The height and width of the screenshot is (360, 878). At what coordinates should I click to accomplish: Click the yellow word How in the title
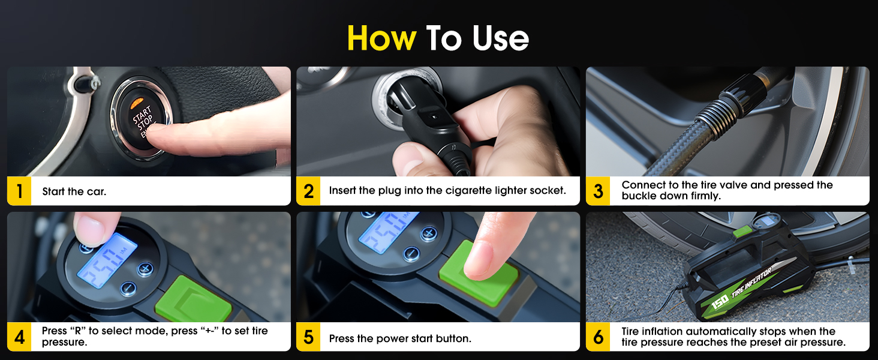click(381, 38)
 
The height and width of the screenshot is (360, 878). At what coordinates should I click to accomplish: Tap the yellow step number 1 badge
click(19, 191)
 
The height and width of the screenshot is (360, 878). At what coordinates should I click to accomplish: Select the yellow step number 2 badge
click(308, 191)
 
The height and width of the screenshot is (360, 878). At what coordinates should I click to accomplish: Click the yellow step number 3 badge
click(598, 191)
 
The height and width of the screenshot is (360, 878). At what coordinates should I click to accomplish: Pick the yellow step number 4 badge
click(19, 337)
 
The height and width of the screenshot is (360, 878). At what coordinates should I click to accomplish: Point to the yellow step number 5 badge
click(308, 337)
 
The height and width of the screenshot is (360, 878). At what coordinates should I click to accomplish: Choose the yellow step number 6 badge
click(598, 337)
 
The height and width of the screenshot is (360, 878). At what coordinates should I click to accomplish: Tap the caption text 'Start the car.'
click(74, 192)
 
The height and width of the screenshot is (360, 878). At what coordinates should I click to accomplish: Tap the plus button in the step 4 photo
click(145, 268)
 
